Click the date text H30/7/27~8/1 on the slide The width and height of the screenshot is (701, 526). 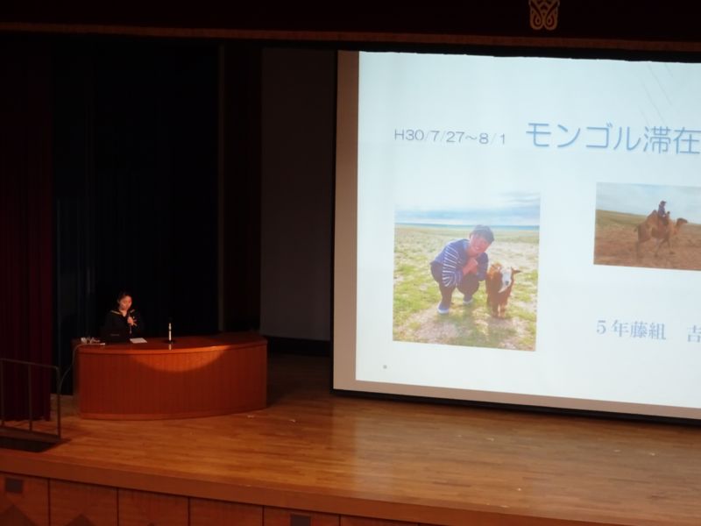pos(450,137)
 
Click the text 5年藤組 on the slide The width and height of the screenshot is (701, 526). pos(631,330)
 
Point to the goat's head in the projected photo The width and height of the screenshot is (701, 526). pos(506,278)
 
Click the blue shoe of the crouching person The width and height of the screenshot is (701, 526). pos(443,307)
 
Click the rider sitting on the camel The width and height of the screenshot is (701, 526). pos(662,211)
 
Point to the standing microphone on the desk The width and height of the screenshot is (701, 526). pos(170,331)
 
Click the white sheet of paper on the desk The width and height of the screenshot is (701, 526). pos(138,340)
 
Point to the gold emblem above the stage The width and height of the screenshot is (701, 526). pos(543,14)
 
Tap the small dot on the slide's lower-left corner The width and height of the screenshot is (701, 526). pos(385,366)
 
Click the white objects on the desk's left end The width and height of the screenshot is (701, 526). pos(90,341)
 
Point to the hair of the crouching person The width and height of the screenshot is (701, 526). pos(482,232)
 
